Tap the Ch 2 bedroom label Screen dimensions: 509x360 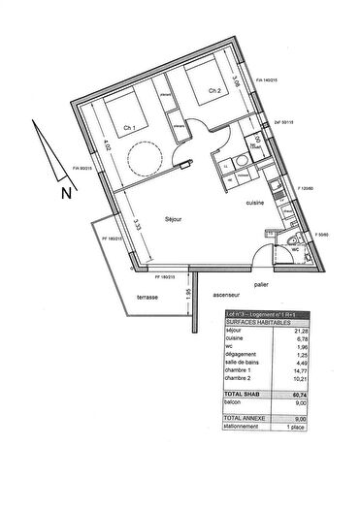tap(215, 93)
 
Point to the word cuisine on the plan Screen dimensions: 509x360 tap(257, 205)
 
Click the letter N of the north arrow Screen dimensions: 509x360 tap(66, 191)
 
